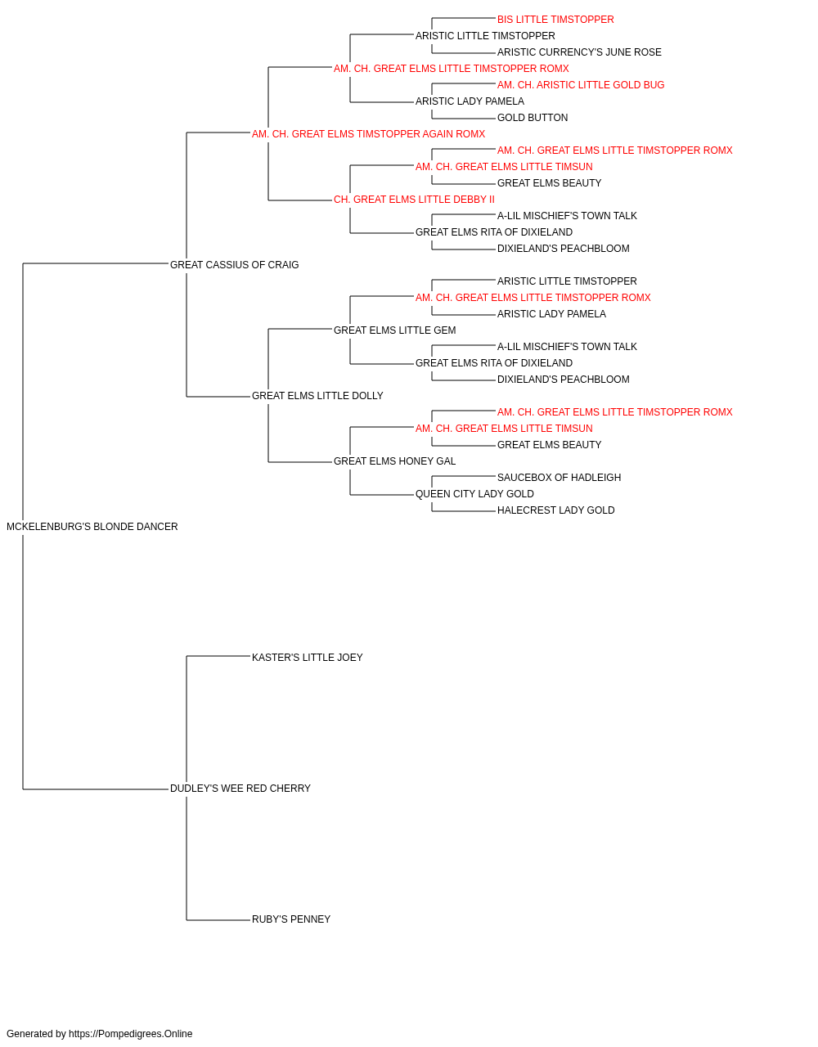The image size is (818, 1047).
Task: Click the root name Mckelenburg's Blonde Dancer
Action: [92, 527]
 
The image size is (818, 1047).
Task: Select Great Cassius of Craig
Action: [234, 265]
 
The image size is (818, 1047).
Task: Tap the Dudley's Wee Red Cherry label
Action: [240, 789]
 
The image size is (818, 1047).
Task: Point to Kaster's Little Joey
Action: [307, 657]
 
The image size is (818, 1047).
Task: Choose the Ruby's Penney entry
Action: [291, 919]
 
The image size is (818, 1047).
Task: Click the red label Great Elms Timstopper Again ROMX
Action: [368, 134]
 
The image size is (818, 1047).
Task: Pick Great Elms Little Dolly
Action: [317, 396]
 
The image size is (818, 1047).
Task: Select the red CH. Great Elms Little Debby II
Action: [414, 200]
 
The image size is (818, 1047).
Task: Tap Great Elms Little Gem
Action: [394, 330]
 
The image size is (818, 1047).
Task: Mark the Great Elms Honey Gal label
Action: [394, 461]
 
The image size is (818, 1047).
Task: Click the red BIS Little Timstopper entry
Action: [555, 20]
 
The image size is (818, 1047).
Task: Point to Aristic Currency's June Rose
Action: [579, 52]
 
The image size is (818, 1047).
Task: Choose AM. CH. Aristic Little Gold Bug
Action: [581, 85]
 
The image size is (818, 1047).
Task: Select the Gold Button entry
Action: [533, 118]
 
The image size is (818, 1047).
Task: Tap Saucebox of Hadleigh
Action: [559, 478]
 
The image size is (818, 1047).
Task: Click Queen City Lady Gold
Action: [474, 494]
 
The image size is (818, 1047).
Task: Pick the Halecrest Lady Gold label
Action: [555, 510]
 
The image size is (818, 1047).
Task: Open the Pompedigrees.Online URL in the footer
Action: [130, 1034]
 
